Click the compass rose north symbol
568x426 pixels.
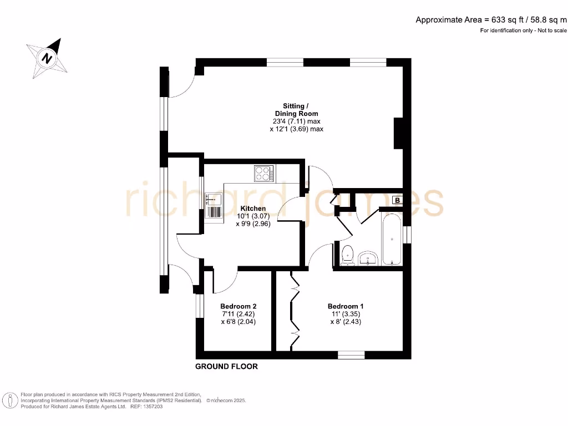48,57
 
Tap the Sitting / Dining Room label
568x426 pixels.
293,109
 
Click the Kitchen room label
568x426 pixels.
253,209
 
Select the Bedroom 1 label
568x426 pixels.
346,306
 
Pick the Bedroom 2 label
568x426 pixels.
238,306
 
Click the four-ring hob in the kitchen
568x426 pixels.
263,174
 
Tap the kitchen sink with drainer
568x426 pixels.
213,206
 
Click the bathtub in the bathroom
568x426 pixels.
392,238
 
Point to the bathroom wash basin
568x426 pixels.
369,258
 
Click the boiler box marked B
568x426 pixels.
397,200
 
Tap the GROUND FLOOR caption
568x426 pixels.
226,367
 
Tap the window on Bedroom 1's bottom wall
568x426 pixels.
351,354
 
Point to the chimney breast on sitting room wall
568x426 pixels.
398,133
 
